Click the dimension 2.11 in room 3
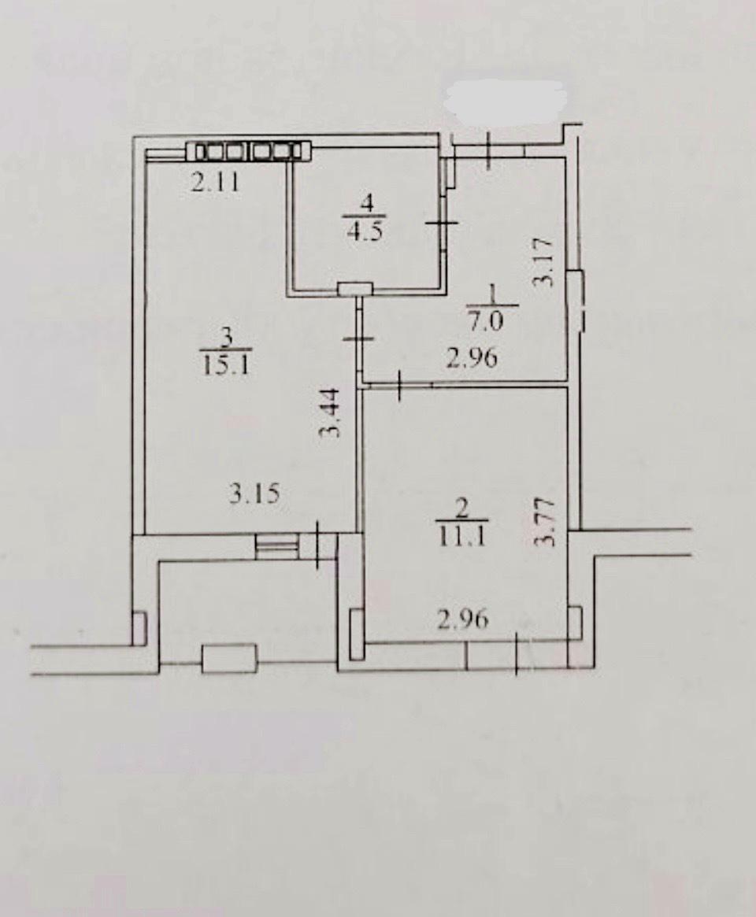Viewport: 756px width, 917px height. point(215,183)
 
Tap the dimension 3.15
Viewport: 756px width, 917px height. point(255,495)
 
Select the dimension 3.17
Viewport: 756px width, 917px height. point(543,261)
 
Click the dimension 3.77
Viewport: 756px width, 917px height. point(543,521)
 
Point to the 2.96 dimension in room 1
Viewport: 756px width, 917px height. point(472,357)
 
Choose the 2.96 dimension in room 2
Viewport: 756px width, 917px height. point(463,619)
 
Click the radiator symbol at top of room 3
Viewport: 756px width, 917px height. point(250,151)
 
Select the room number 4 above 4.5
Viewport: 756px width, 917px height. point(367,204)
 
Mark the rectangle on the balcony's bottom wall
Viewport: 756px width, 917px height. point(229,659)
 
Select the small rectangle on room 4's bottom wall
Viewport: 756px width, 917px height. point(355,288)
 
